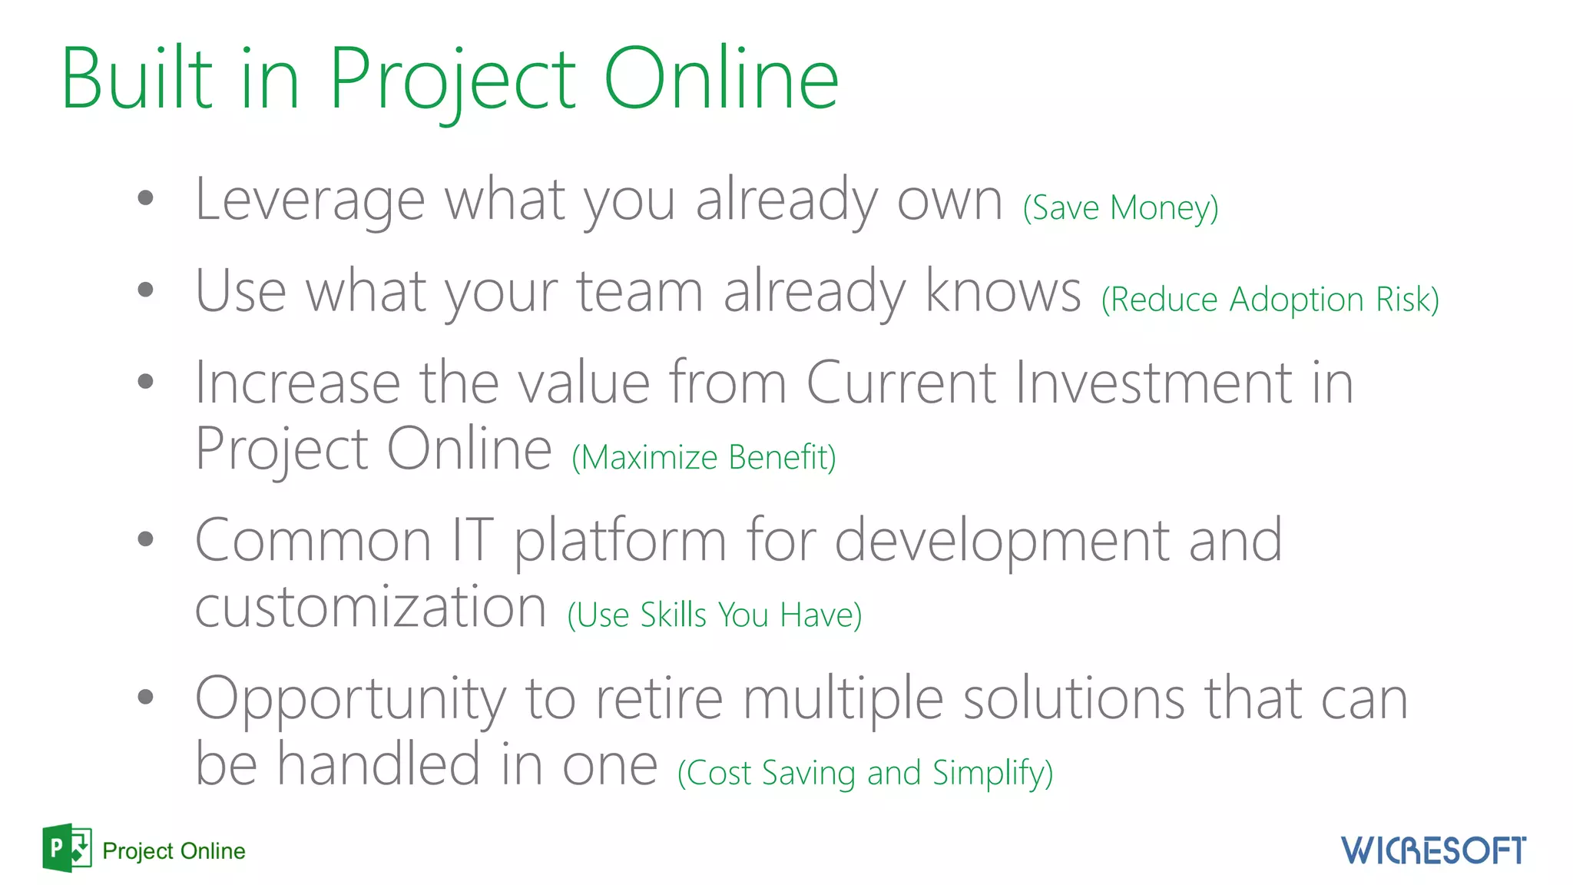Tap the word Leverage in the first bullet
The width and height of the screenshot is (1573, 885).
point(310,201)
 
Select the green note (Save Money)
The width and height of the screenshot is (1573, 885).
point(1120,207)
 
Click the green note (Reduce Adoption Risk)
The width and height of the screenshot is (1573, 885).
point(1270,299)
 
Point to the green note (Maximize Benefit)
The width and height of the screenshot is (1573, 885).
point(704,457)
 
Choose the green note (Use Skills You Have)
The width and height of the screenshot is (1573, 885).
point(714,615)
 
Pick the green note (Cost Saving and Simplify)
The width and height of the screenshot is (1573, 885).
point(865,773)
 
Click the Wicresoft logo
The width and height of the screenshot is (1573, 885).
point(1433,850)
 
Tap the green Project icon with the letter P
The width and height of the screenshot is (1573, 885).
point(67,848)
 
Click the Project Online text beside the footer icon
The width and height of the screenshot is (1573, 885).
point(174,851)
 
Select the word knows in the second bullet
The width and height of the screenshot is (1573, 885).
point(1002,291)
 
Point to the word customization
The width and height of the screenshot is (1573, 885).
point(370,607)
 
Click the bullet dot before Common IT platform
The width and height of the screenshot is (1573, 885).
point(145,539)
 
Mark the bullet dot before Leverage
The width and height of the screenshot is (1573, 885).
point(145,198)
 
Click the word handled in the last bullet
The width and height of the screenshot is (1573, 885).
point(378,764)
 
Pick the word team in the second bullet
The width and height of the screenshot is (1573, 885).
point(639,292)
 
